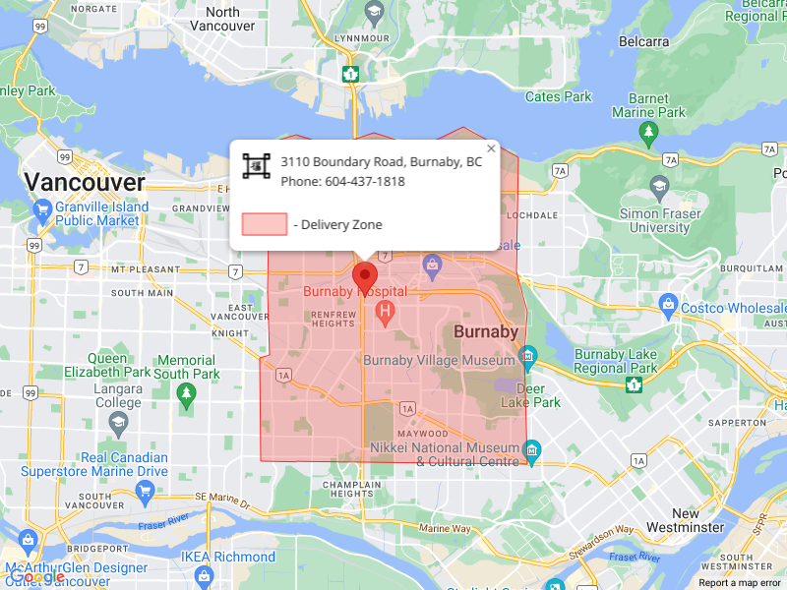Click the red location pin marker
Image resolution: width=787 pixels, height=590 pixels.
pos(365,276)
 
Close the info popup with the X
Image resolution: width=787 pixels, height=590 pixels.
pos(491,148)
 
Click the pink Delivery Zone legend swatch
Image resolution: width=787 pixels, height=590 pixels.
pos(265,224)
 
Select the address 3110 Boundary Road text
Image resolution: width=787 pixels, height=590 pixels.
pos(381,162)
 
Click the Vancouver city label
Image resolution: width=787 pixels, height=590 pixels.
pos(85,182)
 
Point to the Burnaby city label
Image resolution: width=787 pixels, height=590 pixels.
pos(485,332)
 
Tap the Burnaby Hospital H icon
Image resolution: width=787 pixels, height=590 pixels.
pos(386,313)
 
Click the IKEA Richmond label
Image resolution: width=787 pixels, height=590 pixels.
pos(228,558)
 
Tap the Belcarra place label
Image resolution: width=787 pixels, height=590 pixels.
pos(643,42)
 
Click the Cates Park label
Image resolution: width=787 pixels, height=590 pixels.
pos(559,97)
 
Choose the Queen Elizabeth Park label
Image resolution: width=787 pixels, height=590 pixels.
pos(107,366)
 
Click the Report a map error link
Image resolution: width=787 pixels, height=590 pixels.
pos(740,583)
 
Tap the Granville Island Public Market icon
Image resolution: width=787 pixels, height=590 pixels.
pos(42,210)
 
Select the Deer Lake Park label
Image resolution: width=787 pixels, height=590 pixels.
pos(530,395)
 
